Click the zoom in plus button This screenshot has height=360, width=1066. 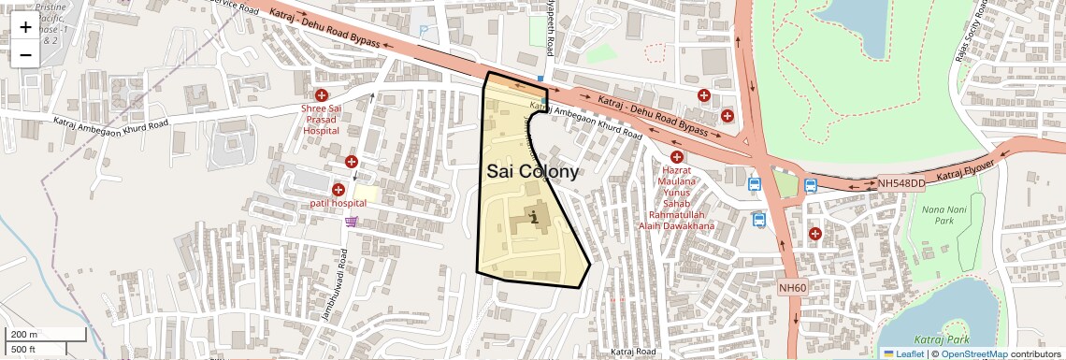[x=25, y=27]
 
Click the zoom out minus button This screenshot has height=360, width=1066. [x=25, y=54]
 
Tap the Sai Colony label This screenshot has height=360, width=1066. [x=532, y=172]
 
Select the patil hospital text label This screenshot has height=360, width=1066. [x=339, y=203]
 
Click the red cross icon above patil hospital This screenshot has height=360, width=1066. [x=352, y=162]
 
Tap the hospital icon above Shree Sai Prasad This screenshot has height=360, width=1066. [x=322, y=95]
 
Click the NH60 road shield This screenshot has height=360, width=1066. [x=792, y=288]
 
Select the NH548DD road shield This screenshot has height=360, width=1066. [x=900, y=184]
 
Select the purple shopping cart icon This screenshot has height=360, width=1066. [x=351, y=222]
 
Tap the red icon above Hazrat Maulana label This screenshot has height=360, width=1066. [x=676, y=157]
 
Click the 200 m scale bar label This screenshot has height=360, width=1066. [x=24, y=334]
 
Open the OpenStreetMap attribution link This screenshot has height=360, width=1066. [x=974, y=354]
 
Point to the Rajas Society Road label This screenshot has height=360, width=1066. [x=972, y=36]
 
